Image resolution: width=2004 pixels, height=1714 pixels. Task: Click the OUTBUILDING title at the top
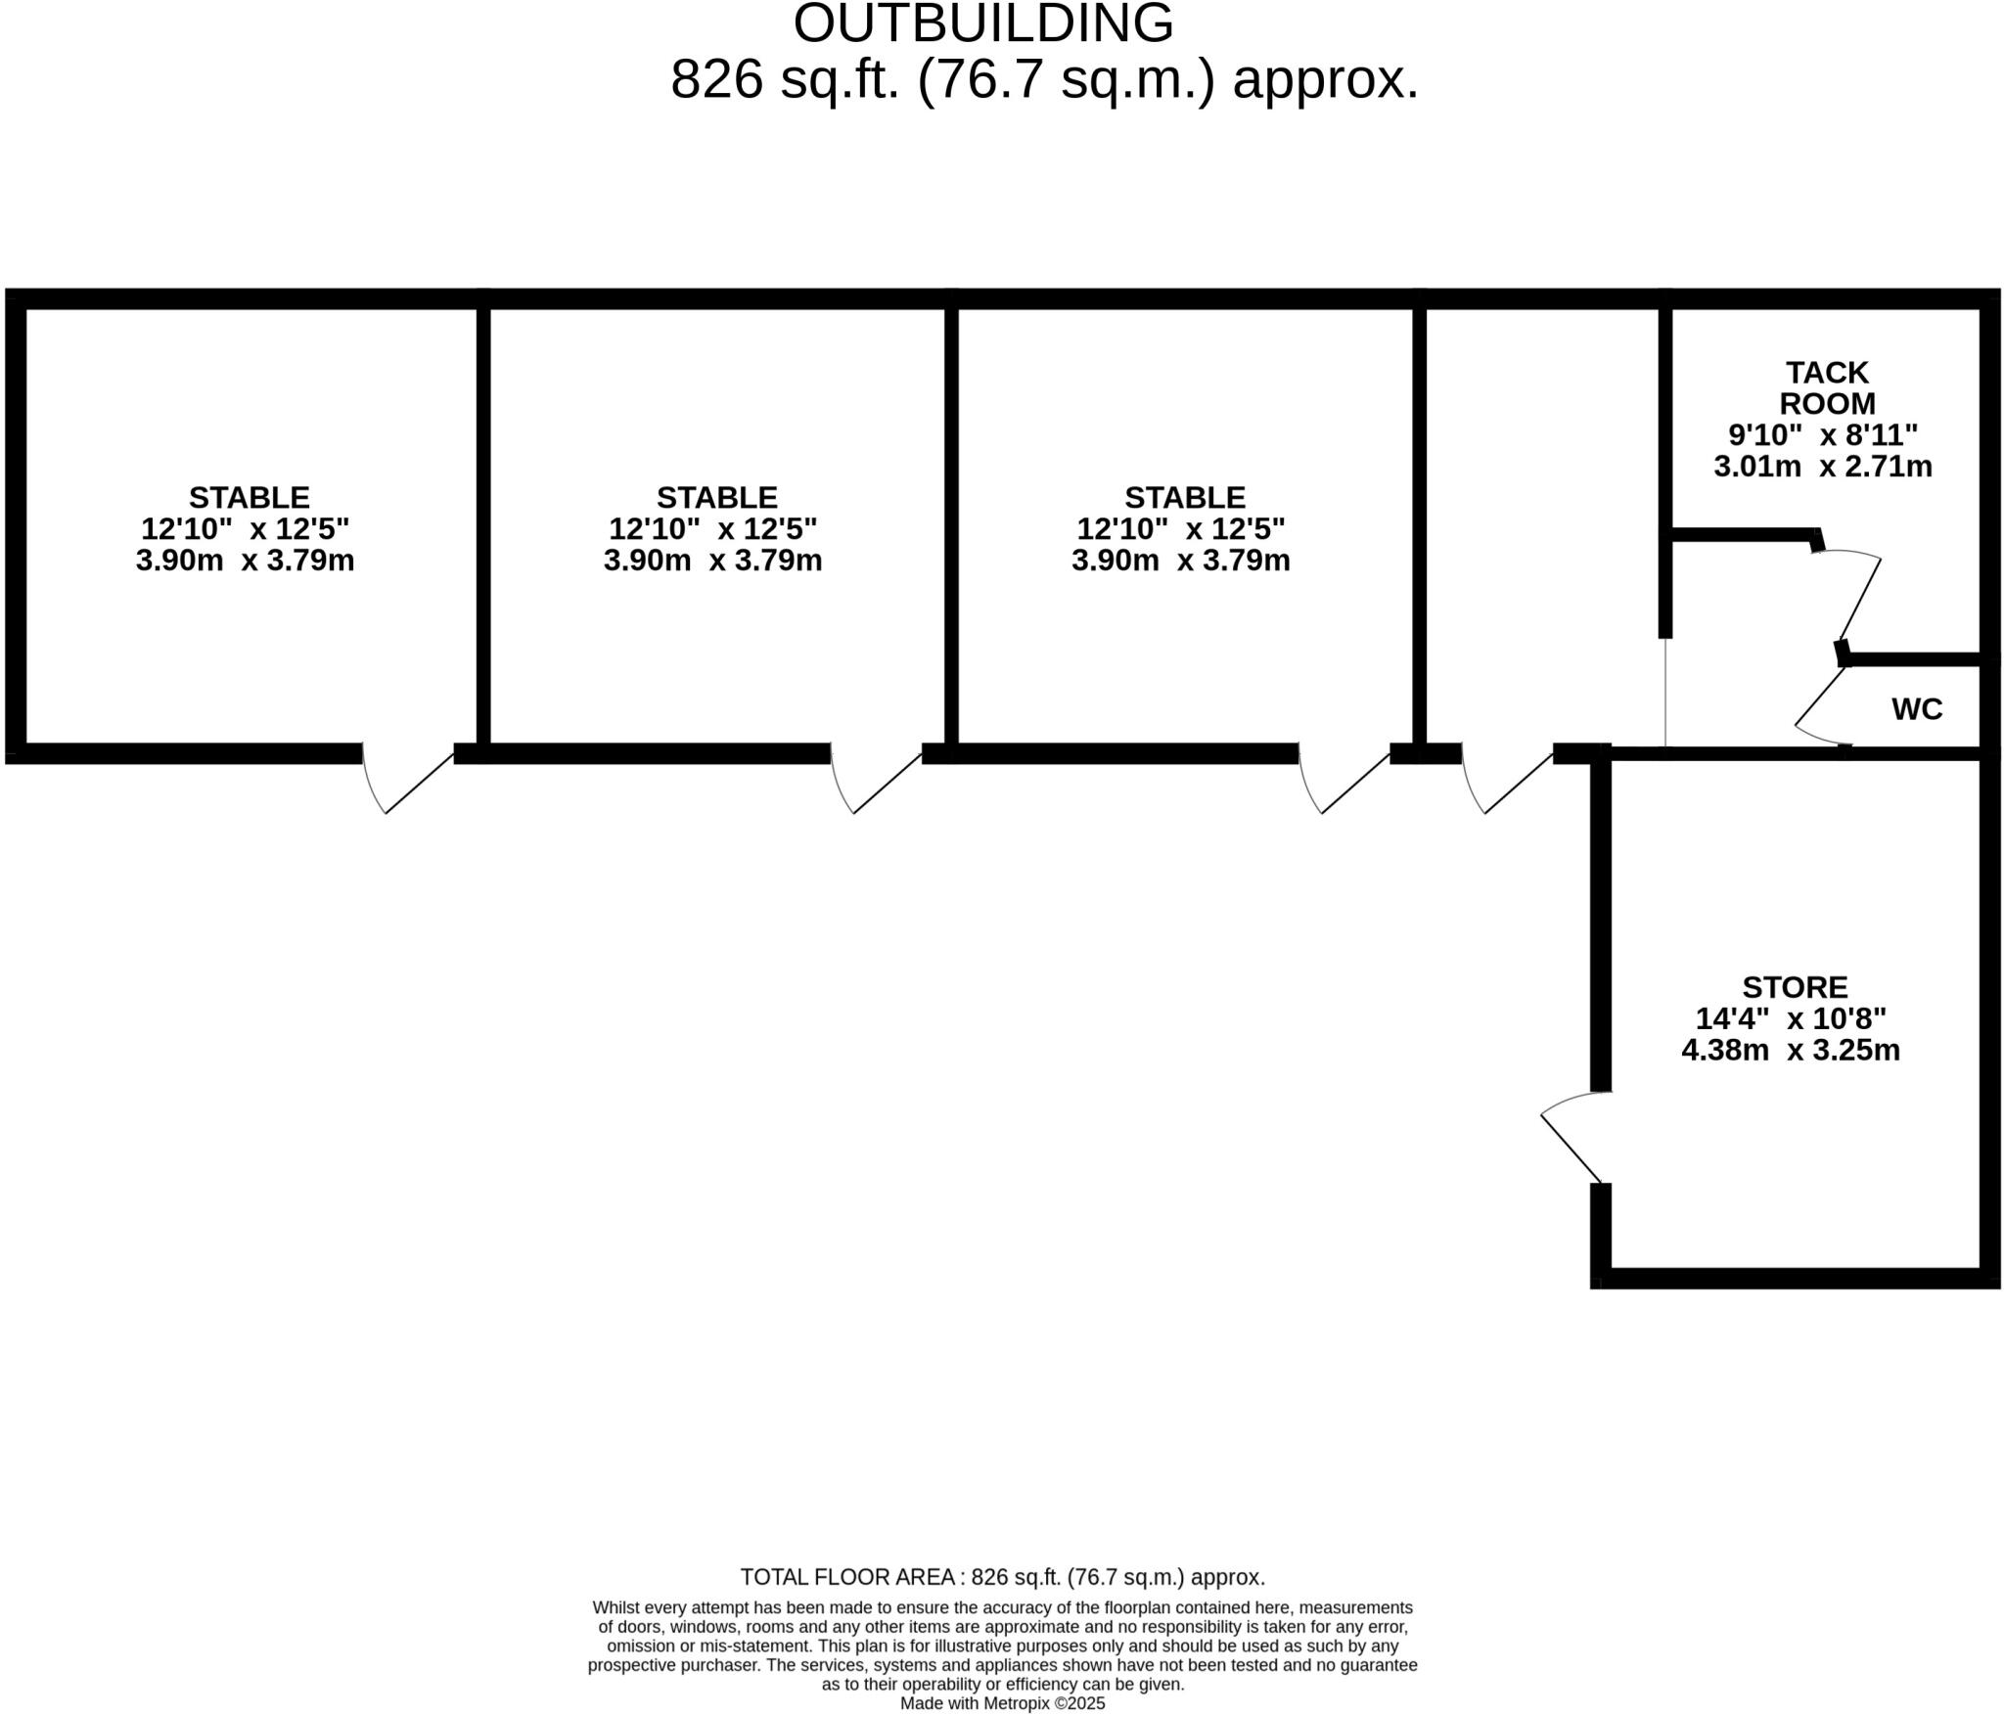[x=982, y=23]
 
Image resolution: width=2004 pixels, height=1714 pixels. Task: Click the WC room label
[x=1917, y=709]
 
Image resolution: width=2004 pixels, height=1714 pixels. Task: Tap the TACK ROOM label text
[x=1827, y=387]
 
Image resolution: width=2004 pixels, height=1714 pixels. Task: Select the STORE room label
[x=1795, y=986]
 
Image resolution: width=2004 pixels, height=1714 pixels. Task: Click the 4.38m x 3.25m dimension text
[x=1790, y=1050]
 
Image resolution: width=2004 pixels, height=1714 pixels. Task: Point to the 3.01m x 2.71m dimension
[x=1822, y=466]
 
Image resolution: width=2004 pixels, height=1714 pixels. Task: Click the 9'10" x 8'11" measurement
[x=1822, y=434]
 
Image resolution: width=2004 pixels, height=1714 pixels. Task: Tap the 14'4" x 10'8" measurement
[x=1790, y=1018]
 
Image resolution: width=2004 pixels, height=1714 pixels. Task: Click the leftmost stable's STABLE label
[x=249, y=497]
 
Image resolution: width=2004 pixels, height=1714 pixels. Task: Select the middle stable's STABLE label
[x=716, y=497]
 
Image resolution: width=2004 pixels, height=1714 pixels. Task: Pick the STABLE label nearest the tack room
[x=1184, y=497]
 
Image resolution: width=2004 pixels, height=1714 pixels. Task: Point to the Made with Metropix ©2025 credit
[x=1002, y=1703]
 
